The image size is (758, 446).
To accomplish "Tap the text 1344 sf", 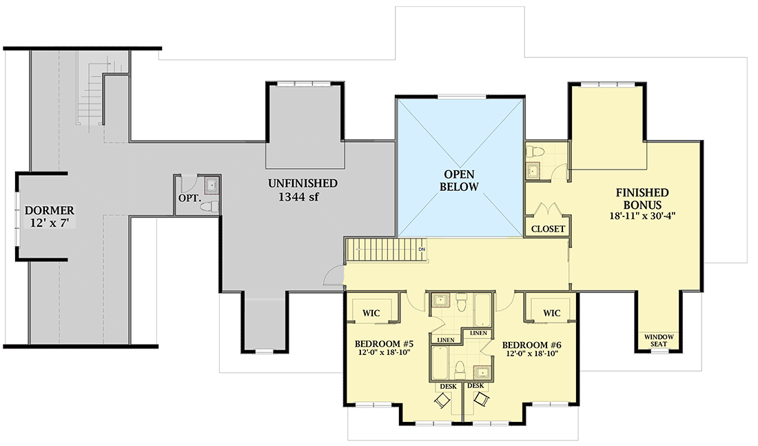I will point(303,199).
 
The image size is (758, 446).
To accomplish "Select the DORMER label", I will point(50,210).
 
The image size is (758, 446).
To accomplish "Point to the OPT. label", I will point(189,198).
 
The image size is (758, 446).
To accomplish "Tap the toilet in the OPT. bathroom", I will point(213,205).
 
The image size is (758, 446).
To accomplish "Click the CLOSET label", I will point(548,229).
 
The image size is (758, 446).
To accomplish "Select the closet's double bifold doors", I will point(547,210).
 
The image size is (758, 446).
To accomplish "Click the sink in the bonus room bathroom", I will point(534,171).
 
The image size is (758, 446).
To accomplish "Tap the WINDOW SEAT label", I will point(659,340).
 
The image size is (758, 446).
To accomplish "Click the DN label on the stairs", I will point(421,249).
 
